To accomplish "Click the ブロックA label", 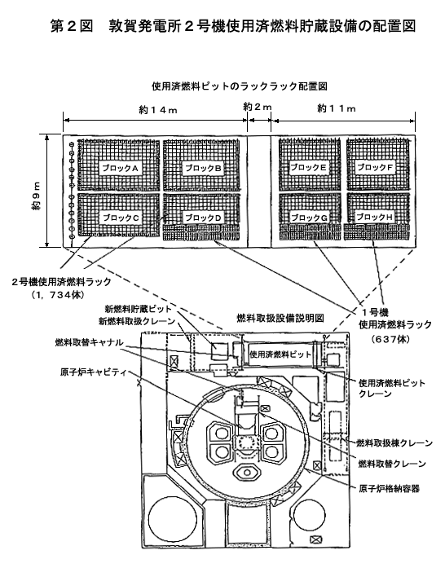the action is tap(120, 168).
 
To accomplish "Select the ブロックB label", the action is tap(203, 168).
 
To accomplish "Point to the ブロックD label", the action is tap(203, 218).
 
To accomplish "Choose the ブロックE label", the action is tap(308, 167).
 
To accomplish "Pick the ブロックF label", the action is tap(376, 167).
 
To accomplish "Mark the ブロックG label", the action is tap(309, 218).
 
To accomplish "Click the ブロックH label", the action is tap(375, 217).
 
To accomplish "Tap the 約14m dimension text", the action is tap(158, 110).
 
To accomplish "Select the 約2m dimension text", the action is tap(258, 107).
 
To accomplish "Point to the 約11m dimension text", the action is tap(337, 108).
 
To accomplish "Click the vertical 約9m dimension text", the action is tap(36, 196).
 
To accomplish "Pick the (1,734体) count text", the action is tap(58, 295).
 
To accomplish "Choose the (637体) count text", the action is tap(390, 339).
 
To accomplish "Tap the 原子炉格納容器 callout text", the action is tap(389, 489).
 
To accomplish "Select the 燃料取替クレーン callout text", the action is tap(392, 464).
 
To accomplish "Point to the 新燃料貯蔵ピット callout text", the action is tap(138, 309).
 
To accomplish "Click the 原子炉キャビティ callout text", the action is tap(93, 372).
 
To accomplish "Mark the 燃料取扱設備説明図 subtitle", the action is tap(280, 318).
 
